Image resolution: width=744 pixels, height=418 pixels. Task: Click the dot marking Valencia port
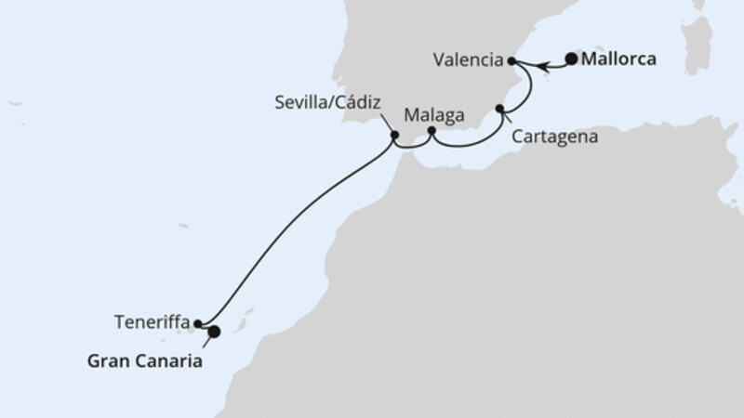tap(511, 61)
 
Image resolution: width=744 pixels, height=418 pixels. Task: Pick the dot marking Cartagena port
tap(500, 111)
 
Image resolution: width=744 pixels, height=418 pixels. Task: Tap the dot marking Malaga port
tap(432, 131)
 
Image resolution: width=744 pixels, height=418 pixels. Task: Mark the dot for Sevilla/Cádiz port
tap(395, 136)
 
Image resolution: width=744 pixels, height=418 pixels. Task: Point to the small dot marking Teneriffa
tap(199, 324)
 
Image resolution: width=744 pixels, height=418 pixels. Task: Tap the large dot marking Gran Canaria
tap(214, 331)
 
